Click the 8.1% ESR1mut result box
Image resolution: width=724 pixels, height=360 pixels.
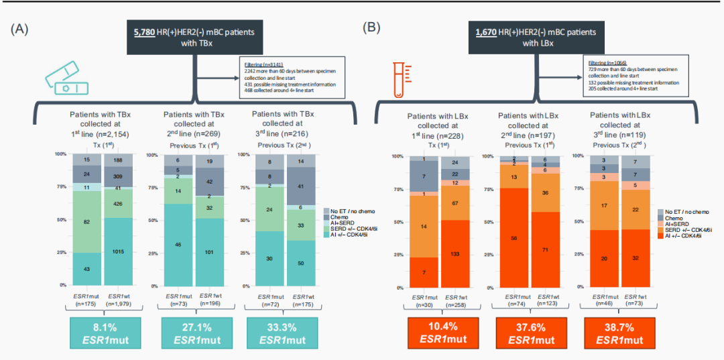pyautogui.click(x=105, y=333)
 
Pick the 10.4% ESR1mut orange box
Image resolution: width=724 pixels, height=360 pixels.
pyautogui.click(x=442, y=333)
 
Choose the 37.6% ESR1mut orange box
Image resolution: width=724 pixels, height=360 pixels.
pyautogui.click(x=531, y=333)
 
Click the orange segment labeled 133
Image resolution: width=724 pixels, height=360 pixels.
pyautogui.click(x=456, y=253)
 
